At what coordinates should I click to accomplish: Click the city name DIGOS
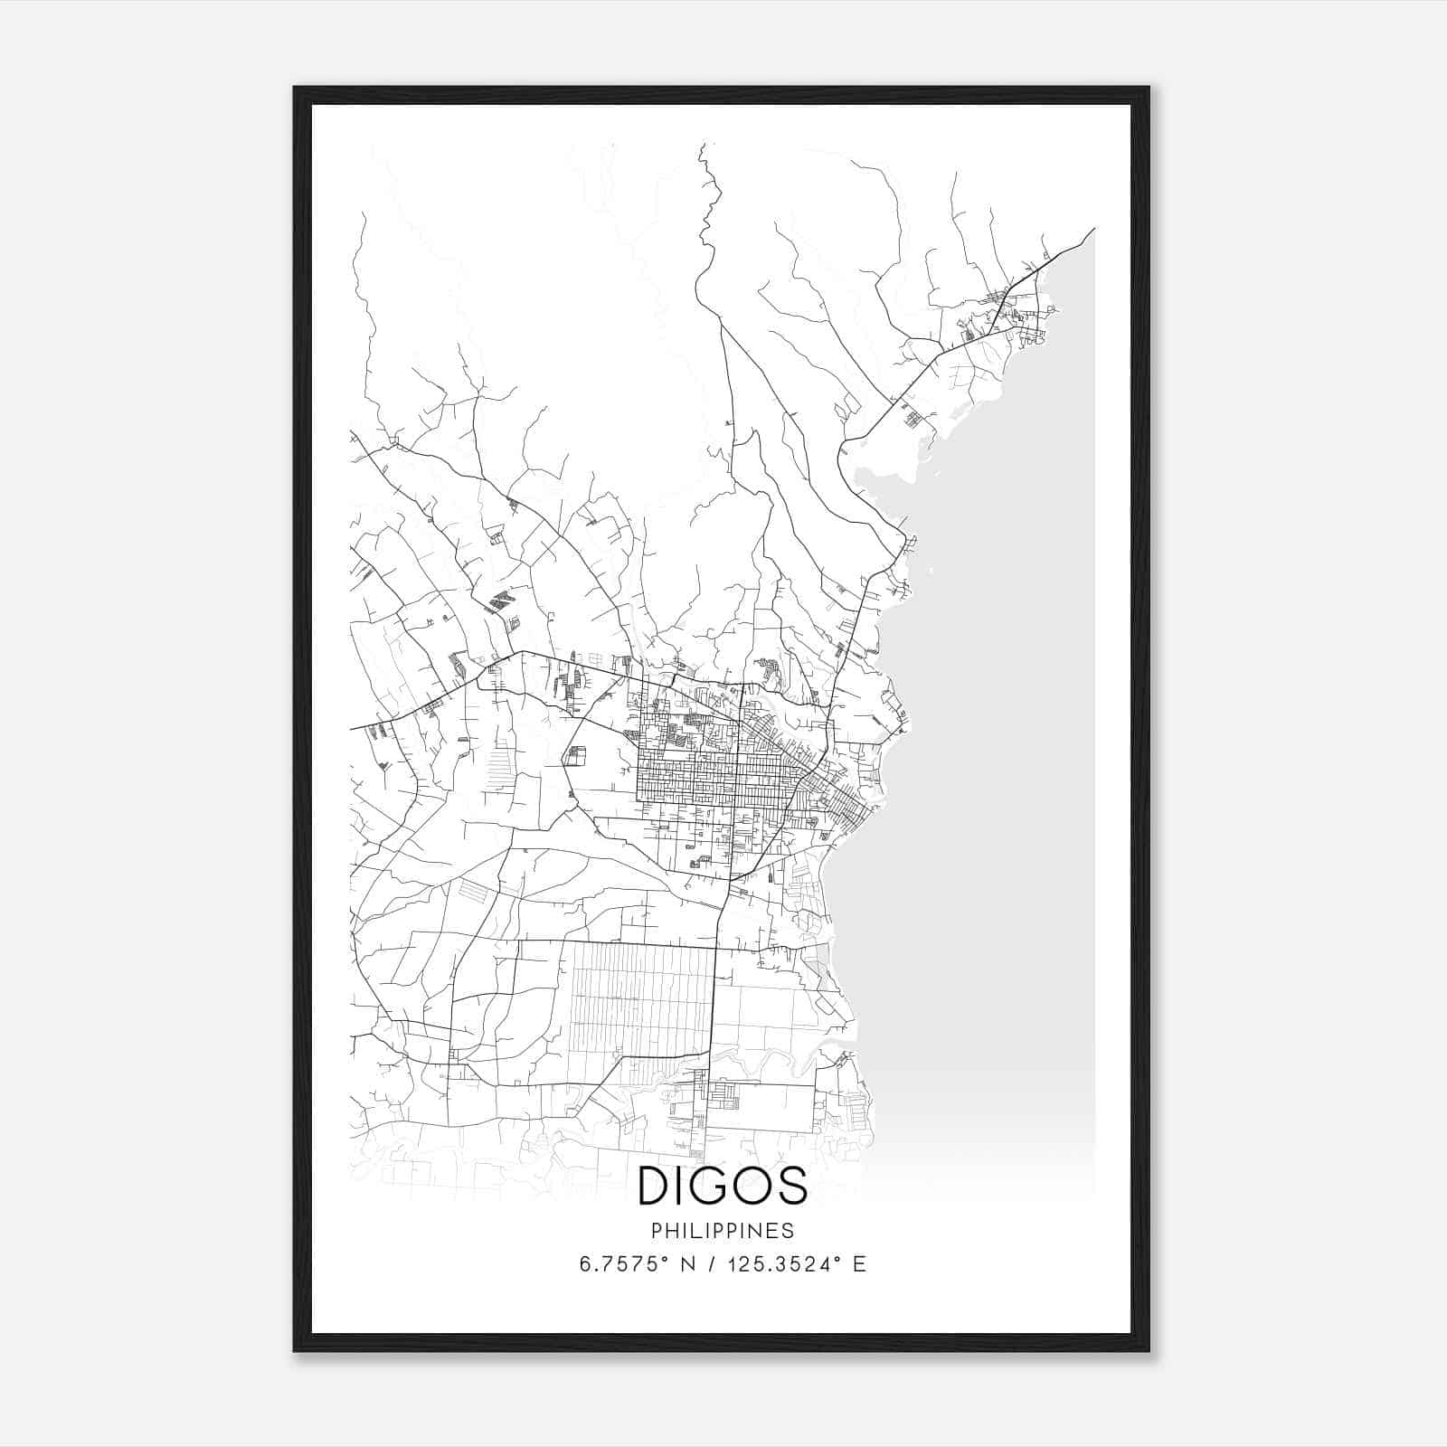[x=722, y=1186]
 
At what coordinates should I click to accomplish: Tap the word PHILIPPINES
[x=722, y=1231]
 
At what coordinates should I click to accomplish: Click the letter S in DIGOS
[x=791, y=1186]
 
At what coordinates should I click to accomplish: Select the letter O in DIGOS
[x=752, y=1186]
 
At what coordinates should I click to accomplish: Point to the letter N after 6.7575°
[x=687, y=1264]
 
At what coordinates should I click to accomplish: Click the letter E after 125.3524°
[x=860, y=1264]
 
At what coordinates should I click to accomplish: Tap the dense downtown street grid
[x=714, y=778]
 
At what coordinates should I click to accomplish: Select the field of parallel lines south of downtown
[x=638, y=995]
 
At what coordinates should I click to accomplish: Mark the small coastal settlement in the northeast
[x=1017, y=312]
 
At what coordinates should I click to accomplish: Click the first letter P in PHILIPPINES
[x=656, y=1231]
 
